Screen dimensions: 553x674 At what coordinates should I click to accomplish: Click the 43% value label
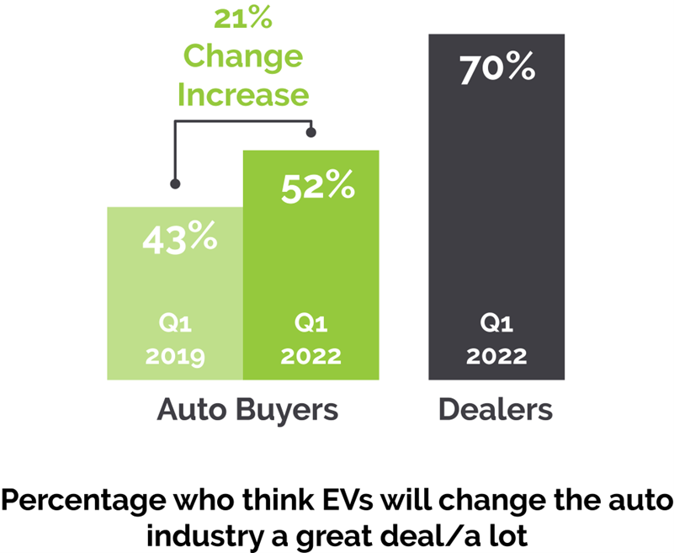click(179, 239)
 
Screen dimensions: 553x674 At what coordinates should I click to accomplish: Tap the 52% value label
click(316, 186)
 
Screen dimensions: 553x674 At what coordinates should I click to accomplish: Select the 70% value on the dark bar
click(496, 68)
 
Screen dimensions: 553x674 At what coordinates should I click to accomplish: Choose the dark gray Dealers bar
click(496, 210)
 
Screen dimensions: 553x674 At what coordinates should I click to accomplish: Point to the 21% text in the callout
click(242, 19)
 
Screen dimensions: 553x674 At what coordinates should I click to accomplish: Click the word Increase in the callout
click(242, 94)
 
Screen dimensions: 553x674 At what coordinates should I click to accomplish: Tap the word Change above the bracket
click(242, 56)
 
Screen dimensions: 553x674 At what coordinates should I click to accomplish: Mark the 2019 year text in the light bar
click(175, 356)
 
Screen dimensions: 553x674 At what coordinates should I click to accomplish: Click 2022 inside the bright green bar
click(311, 356)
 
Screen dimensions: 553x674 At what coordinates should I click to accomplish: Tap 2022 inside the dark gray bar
click(496, 356)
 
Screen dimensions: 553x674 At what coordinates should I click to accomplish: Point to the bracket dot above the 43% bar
click(175, 183)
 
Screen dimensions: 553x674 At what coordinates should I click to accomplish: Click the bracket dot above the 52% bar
click(311, 132)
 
